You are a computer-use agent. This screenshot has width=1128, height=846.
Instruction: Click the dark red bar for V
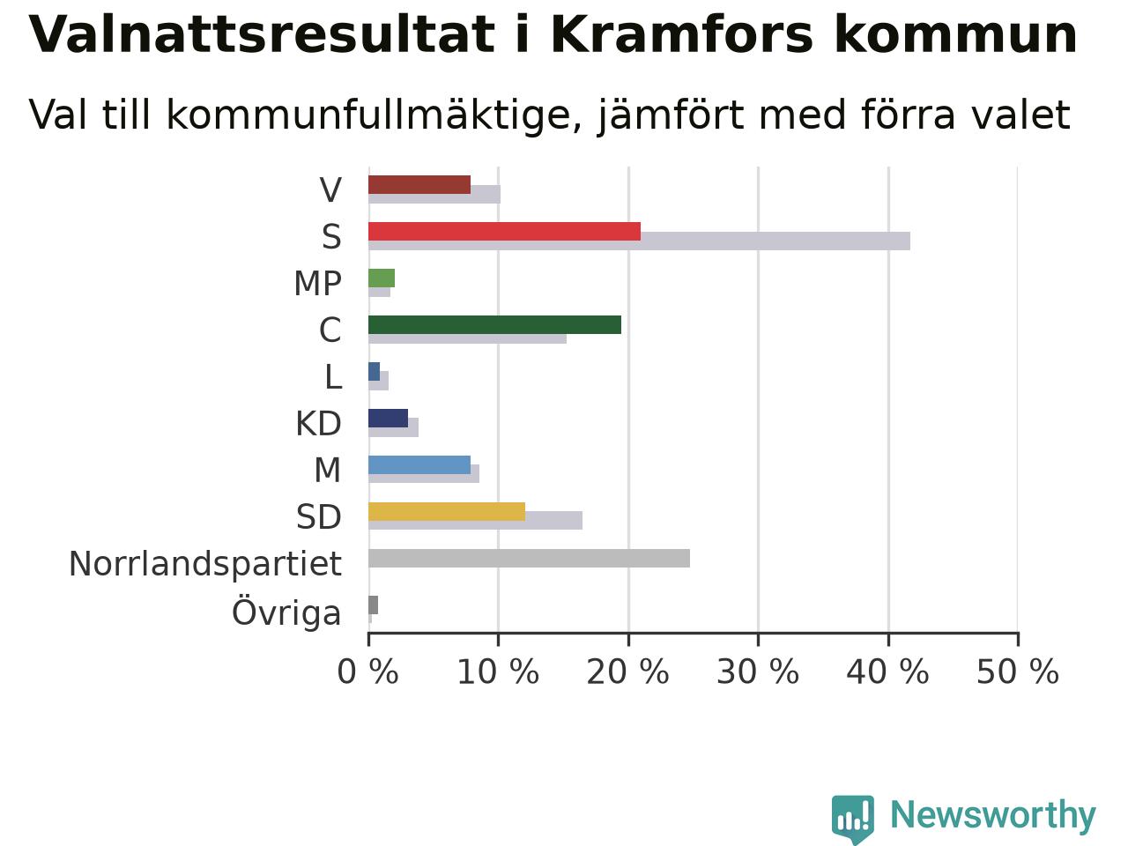[x=419, y=185]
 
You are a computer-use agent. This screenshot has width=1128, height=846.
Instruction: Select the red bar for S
[x=505, y=232]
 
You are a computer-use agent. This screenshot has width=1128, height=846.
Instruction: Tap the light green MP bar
[x=382, y=278]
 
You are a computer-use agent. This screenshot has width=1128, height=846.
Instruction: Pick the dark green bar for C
[x=495, y=325]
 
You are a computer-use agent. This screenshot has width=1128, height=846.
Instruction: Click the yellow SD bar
[x=447, y=512]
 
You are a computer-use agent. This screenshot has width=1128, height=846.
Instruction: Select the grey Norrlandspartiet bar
[x=530, y=559]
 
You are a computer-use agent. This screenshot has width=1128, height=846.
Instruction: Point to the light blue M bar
[x=419, y=465]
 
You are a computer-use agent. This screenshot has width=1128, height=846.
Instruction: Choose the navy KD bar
[x=389, y=418]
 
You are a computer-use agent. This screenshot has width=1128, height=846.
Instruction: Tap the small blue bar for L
[x=375, y=371]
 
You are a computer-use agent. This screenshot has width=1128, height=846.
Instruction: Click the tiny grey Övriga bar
[x=373, y=605]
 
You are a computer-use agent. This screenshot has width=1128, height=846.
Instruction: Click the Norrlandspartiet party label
[x=205, y=565]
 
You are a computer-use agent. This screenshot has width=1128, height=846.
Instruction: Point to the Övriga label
[x=286, y=612]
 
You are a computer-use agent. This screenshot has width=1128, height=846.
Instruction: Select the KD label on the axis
[x=319, y=424]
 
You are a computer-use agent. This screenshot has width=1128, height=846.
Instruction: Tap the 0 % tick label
[x=368, y=672]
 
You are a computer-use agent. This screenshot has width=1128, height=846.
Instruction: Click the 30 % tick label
[x=758, y=672]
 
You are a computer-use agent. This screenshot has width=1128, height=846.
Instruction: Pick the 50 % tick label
[x=1018, y=672]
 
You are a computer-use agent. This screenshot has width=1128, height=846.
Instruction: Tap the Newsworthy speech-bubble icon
[x=852, y=819]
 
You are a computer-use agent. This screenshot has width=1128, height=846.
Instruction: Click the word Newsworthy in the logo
[x=993, y=815]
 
